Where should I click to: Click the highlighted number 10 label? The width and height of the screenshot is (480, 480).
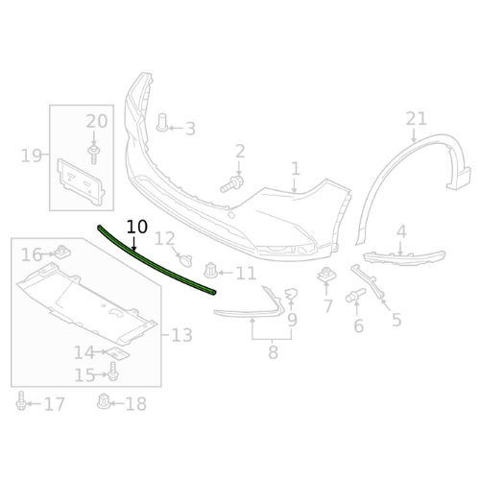(137, 227)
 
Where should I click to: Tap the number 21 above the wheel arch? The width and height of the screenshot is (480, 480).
(417, 119)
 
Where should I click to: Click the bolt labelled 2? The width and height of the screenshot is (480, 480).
(232, 184)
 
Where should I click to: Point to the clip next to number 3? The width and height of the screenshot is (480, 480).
(162, 123)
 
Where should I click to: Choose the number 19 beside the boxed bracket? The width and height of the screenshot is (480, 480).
(32, 156)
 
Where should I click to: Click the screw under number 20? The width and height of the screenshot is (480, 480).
(93, 155)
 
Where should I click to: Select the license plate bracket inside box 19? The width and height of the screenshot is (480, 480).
(81, 181)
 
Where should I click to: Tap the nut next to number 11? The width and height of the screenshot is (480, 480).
(211, 271)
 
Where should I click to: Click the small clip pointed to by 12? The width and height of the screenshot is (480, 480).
(186, 260)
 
